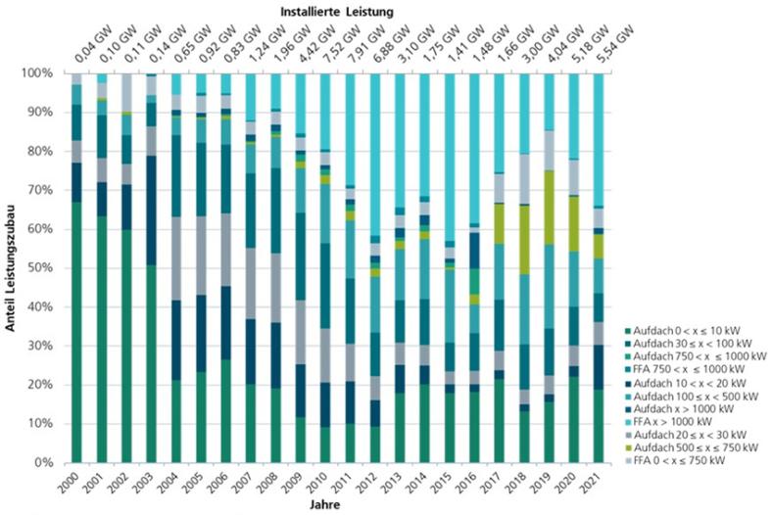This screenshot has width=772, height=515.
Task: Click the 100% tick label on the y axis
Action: [45, 73]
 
